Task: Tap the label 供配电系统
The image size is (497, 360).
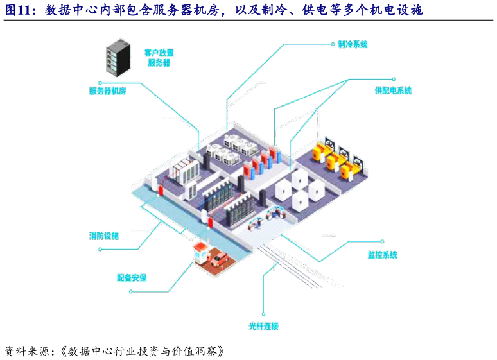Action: pyautogui.click(x=393, y=91)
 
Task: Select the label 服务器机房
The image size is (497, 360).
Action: pyautogui.click(x=107, y=91)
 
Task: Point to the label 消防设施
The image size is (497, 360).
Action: pyautogui.click(x=104, y=236)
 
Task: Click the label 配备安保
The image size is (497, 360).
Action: pyautogui.click(x=132, y=278)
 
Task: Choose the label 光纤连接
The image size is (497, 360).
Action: pyautogui.click(x=264, y=327)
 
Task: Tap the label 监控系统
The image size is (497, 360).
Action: pyautogui.click(x=382, y=255)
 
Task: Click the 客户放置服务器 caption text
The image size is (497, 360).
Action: pyautogui.click(x=159, y=58)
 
